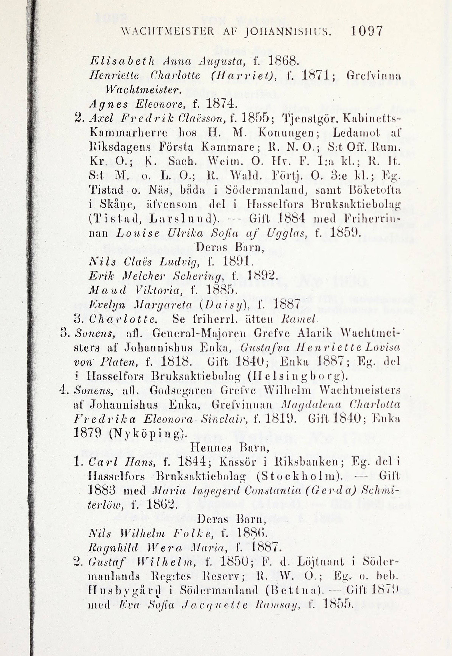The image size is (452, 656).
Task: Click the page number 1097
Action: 367,31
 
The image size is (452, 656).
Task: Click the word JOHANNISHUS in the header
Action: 289,31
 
